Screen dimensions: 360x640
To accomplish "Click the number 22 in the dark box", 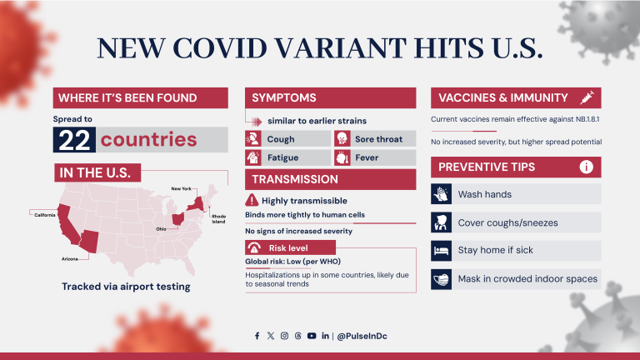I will click(x=74, y=139).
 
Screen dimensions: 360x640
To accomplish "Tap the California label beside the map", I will click(x=44, y=214).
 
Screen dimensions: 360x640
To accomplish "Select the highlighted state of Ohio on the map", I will click(x=177, y=220).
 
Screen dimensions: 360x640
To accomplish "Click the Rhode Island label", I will click(x=217, y=220).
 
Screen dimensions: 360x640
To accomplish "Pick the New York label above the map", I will click(x=181, y=189).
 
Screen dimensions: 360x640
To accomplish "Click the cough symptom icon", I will click(x=252, y=139).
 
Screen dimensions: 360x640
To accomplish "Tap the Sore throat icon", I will click(x=341, y=139).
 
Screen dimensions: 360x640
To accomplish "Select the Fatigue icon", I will click(x=252, y=157).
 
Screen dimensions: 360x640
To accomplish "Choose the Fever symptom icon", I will click(x=341, y=157).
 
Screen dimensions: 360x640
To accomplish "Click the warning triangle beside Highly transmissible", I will click(x=252, y=200).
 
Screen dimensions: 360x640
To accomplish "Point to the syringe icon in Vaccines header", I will click(x=587, y=97).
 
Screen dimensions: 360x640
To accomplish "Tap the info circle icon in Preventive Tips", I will click(x=587, y=167).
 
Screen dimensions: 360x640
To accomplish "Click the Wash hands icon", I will click(x=441, y=194).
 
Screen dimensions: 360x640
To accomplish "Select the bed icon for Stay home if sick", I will click(x=441, y=250).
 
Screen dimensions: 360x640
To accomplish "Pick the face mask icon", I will click(x=441, y=278).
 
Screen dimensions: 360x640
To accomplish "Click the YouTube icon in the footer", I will click(x=311, y=336).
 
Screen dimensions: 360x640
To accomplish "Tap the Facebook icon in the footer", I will click(x=257, y=336).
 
